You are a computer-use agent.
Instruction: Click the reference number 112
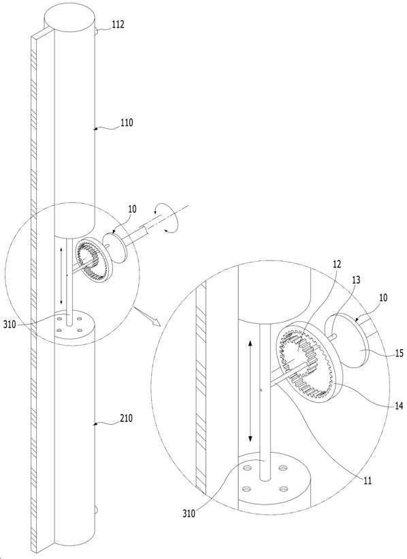(118, 25)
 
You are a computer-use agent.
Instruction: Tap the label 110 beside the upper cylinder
(127, 122)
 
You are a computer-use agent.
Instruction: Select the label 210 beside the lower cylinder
(127, 417)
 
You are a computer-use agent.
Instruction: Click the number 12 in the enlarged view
(336, 265)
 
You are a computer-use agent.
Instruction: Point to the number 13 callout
(355, 280)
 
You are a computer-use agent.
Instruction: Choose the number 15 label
(399, 353)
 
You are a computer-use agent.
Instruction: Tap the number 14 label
(399, 406)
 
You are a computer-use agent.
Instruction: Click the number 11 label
(368, 481)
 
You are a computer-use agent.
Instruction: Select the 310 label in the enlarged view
(189, 513)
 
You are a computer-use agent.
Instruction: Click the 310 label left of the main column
(10, 324)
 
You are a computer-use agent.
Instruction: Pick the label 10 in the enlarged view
(383, 298)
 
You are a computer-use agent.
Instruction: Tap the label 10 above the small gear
(132, 209)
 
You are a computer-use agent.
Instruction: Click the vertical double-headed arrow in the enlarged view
(250, 391)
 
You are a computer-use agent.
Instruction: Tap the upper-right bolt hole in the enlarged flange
(283, 468)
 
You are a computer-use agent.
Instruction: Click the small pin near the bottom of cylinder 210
(97, 509)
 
